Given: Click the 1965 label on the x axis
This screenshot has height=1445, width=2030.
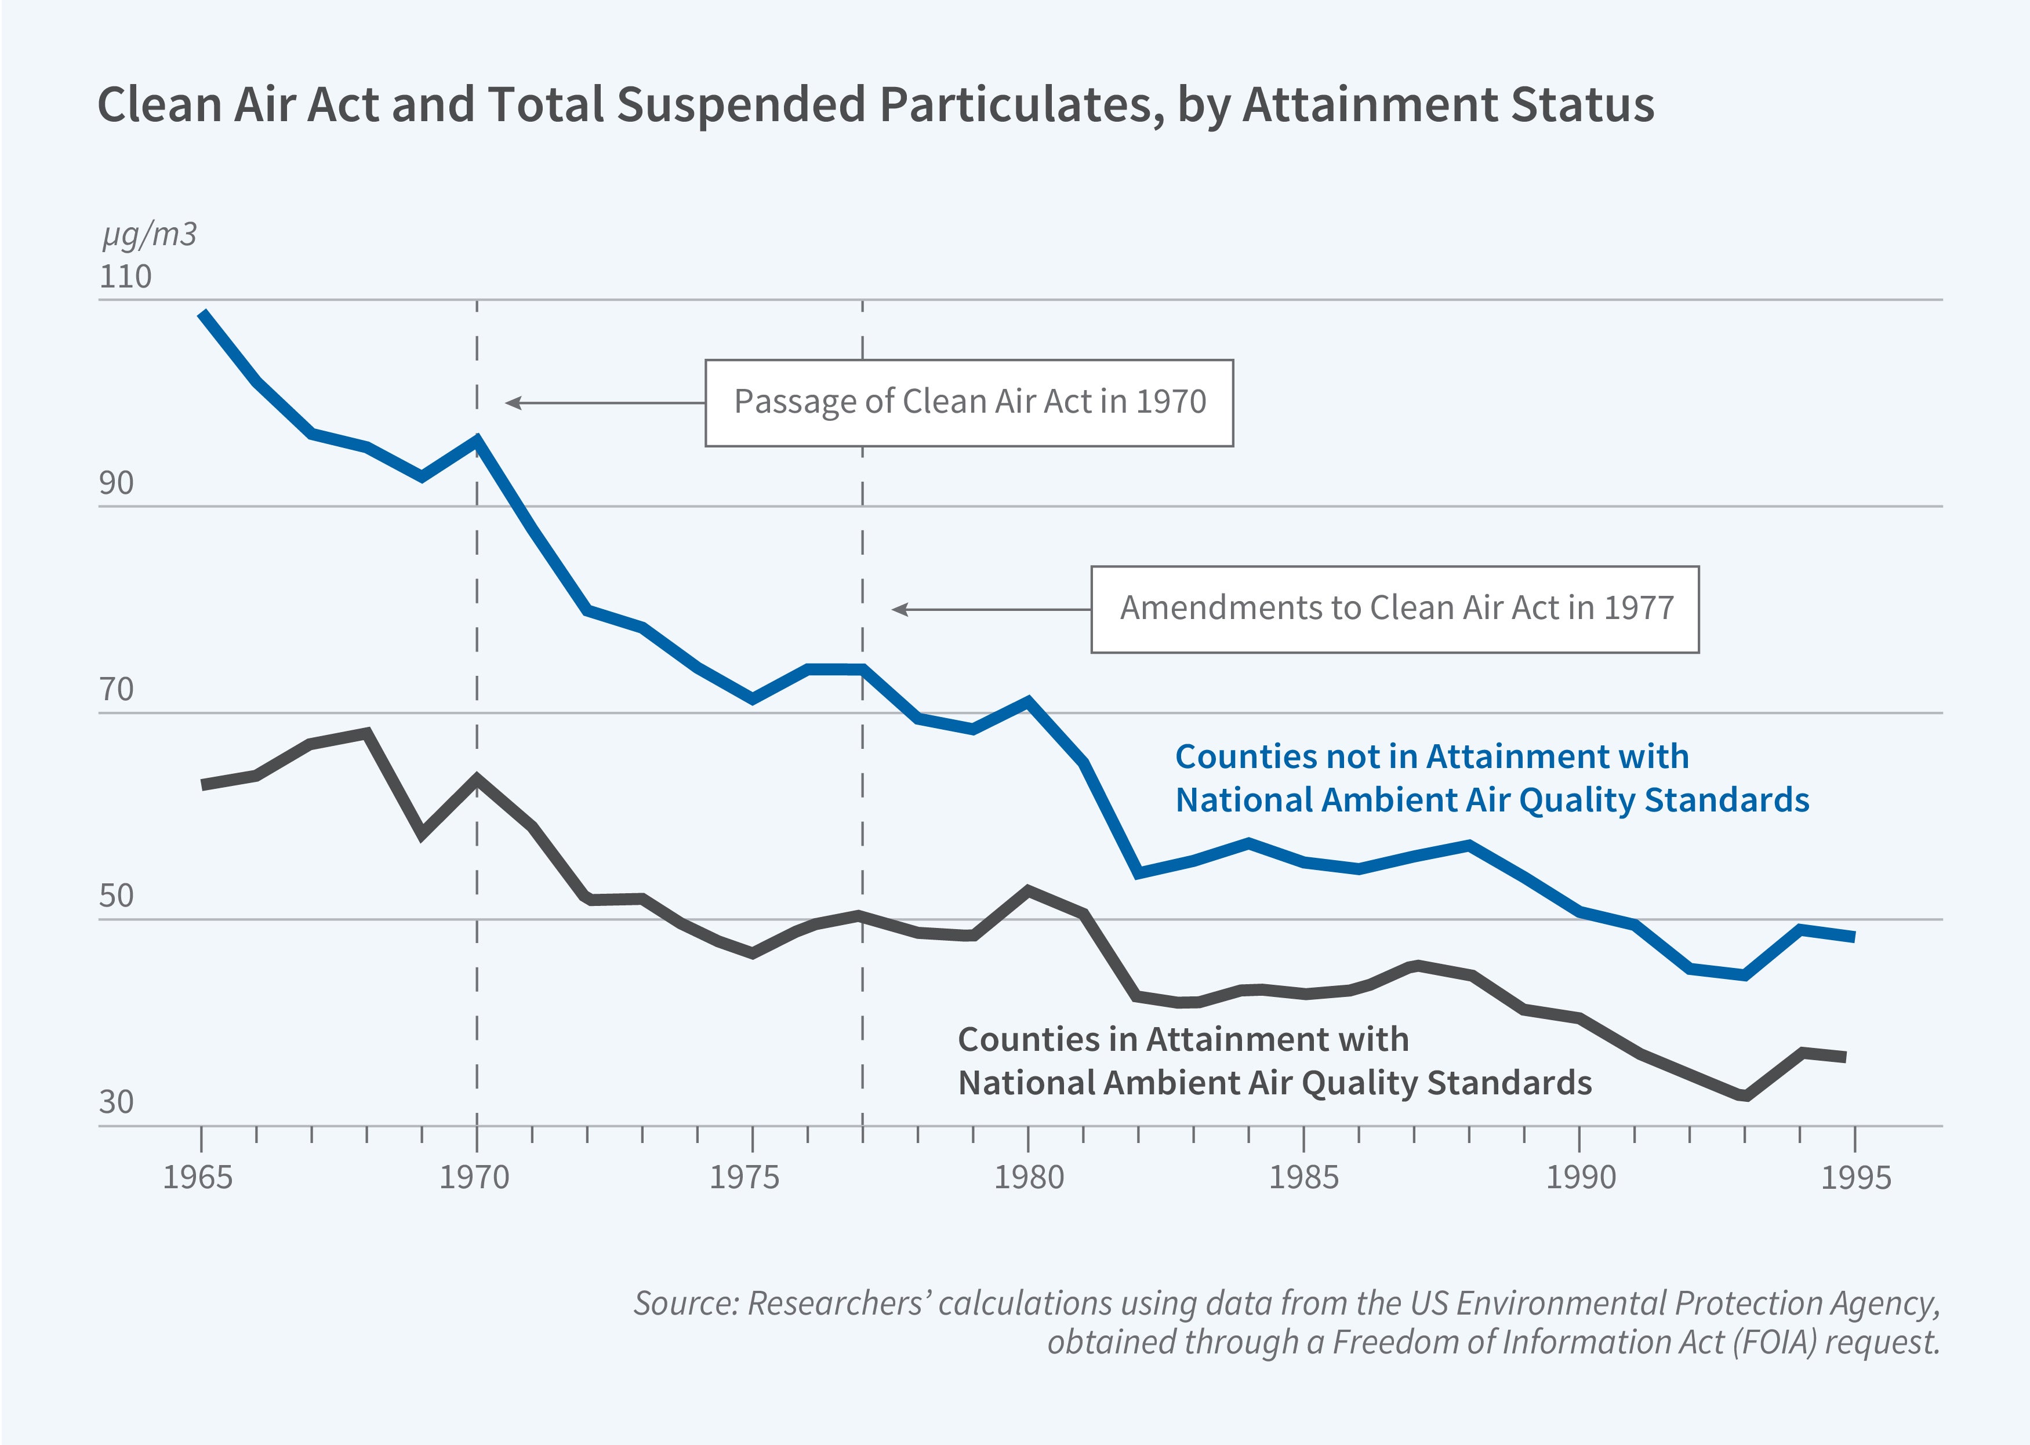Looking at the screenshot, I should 198,1178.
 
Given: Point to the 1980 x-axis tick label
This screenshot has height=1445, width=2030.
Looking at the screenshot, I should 1028,1178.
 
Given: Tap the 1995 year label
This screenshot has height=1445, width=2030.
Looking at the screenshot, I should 1855,1178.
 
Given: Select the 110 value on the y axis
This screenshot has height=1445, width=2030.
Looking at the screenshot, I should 125,276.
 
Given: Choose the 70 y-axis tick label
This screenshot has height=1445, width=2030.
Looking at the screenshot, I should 117,690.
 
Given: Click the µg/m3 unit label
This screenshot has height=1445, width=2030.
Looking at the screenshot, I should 148,235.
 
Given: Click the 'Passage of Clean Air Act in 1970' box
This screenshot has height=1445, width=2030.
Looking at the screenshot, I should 968,402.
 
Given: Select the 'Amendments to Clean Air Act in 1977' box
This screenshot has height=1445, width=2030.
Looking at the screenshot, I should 1395,609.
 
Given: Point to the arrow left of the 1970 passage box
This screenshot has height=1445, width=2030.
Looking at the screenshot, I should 605,403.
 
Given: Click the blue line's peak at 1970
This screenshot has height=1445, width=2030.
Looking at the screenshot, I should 478,439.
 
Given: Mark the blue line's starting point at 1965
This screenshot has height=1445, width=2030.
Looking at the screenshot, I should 203,313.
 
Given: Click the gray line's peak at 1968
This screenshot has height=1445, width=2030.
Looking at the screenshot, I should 366,733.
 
